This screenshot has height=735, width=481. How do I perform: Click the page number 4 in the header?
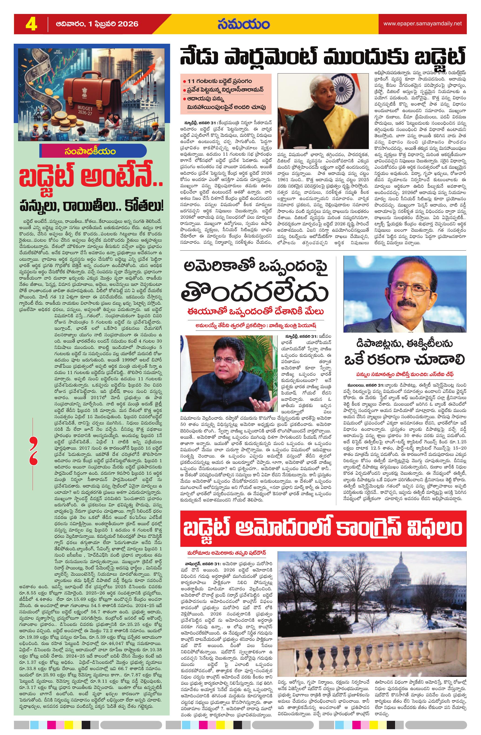[31, 24]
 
